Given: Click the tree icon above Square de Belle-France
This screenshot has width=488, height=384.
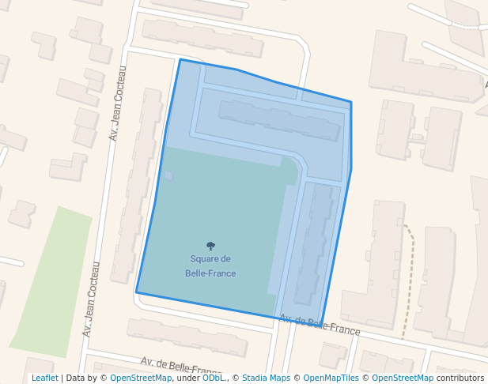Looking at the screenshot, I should tap(210, 246).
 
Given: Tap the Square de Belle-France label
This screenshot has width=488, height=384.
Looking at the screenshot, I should tap(210, 265).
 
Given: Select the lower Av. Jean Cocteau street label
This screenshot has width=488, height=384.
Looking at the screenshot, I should tap(91, 299).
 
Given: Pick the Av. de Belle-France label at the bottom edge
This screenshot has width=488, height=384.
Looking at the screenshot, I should tap(180, 367).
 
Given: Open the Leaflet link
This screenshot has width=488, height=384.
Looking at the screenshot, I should tap(45, 378).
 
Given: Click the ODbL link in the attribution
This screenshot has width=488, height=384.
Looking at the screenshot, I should tap(213, 378).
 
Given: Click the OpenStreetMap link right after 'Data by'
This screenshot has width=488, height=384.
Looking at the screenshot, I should tap(141, 378).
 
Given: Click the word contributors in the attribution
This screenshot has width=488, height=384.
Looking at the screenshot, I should tap(460, 378).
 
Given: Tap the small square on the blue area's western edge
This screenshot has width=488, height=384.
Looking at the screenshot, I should tap(168, 175).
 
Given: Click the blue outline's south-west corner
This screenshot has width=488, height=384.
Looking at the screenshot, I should tap(137, 292).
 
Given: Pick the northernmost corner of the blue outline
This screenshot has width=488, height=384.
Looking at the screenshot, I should tap(180, 59).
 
